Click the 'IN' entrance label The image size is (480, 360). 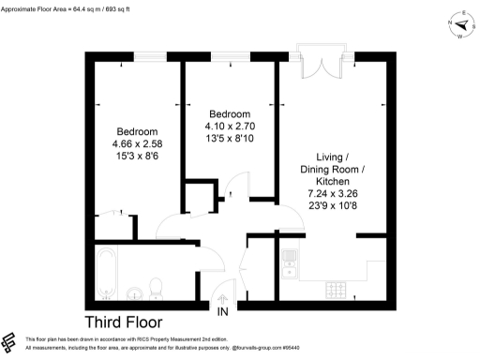point(223,310)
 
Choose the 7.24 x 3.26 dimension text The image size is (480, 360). point(333,192)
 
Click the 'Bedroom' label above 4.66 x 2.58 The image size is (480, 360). point(137,131)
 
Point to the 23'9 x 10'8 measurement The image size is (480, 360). point(333,205)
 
